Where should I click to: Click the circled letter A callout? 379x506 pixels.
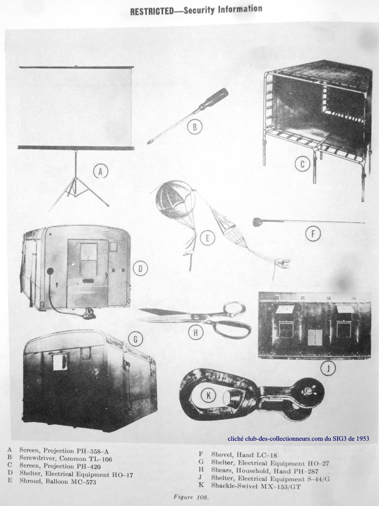click(100, 171)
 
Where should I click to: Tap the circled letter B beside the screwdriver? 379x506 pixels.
click(195, 127)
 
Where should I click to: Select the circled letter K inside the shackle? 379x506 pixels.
click(209, 395)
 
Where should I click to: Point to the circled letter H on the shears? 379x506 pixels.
click(195, 333)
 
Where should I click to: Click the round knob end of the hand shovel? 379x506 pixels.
click(258, 222)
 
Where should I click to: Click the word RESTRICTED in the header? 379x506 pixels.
click(155, 11)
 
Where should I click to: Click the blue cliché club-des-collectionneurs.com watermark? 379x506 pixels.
click(298, 439)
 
